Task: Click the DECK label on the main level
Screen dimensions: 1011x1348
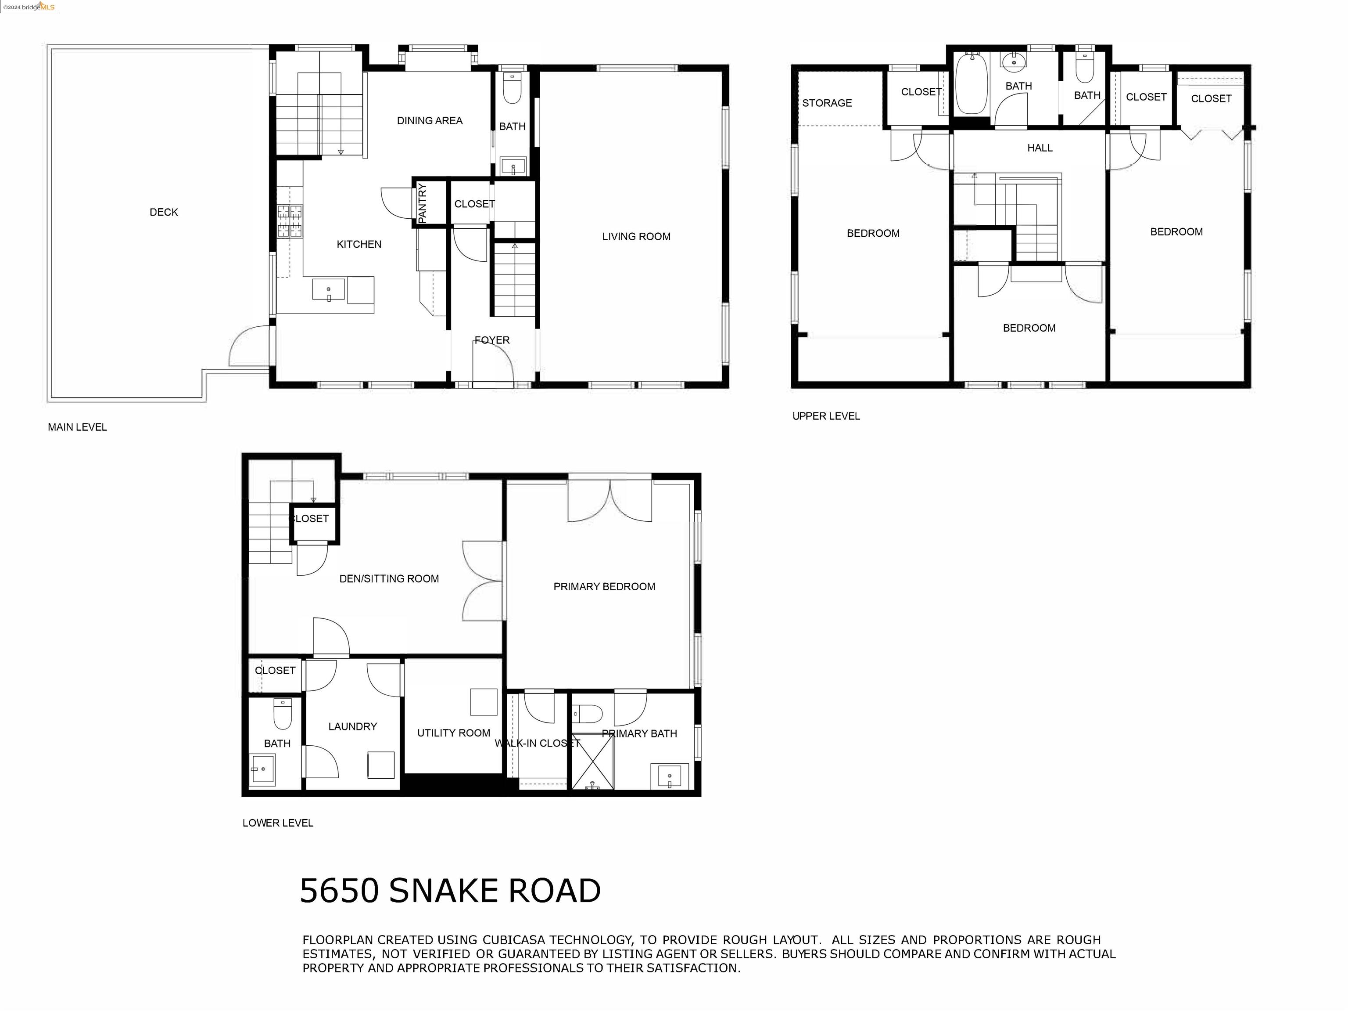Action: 163,212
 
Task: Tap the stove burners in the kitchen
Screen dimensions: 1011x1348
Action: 290,221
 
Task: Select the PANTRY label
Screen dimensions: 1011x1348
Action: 422,202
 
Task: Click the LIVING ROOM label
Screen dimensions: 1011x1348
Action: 636,237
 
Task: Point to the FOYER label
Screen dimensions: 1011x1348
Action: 492,340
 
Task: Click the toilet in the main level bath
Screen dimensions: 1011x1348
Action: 512,90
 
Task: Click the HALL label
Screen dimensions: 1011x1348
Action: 1040,148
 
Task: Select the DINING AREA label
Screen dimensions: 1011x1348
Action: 429,121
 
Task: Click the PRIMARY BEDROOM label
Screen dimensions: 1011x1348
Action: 604,587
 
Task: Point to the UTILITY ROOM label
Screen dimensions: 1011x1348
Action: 453,733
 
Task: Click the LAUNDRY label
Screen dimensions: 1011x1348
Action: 352,726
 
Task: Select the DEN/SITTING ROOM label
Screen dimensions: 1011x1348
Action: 389,579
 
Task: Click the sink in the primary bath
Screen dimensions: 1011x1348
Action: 670,776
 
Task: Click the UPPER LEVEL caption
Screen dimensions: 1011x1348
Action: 826,416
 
